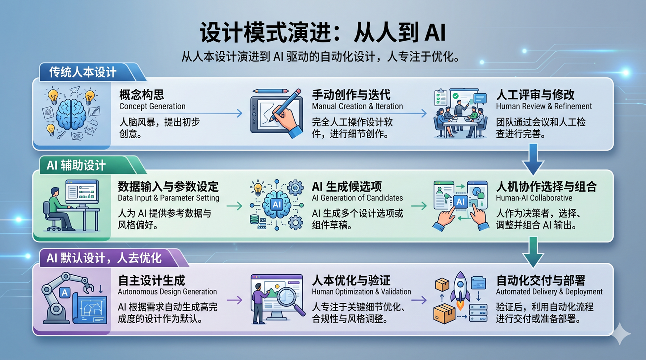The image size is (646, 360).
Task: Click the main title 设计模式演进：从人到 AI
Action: pos(323,32)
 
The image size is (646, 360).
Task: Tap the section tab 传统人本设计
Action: pos(83,72)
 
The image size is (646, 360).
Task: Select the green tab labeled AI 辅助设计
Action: pos(76,165)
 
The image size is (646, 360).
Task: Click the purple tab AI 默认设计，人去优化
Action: pos(104,258)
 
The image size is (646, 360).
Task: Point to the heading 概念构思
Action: pos(142,95)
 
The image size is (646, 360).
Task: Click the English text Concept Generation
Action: pos(152,107)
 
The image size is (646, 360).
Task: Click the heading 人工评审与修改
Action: pos(535,95)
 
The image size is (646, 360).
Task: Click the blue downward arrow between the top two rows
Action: pos(533,159)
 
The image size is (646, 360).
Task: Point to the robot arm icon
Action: pos(63,294)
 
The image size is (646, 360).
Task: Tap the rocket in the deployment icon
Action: pos(460,288)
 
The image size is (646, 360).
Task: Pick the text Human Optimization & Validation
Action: pos(361,292)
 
